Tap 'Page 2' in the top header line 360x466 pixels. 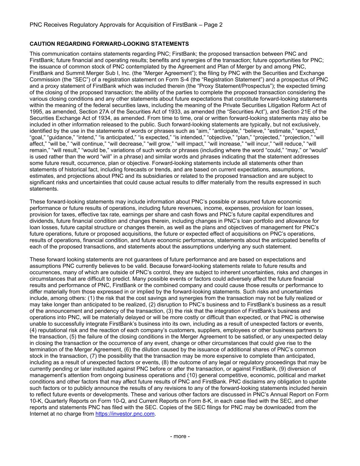coord(213,25)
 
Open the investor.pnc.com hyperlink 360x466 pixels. coord(125,414)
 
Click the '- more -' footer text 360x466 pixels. coord(180,436)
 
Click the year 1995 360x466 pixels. coord(35,112)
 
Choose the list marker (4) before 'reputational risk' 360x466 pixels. coord(33,330)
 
